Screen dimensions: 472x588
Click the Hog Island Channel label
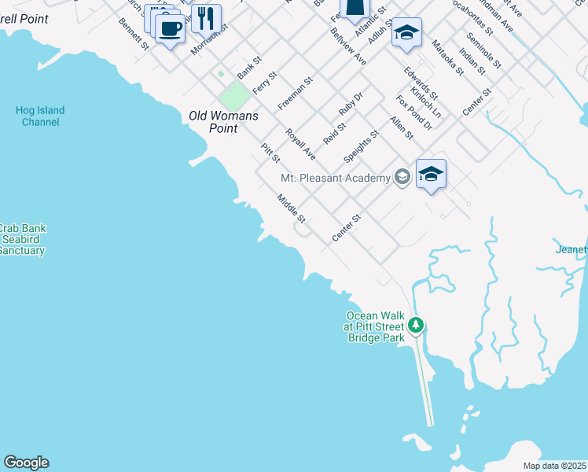click(x=40, y=116)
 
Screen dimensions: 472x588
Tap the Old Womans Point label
click(x=223, y=122)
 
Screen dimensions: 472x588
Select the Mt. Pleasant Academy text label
click(x=336, y=178)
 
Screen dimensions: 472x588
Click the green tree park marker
click(x=416, y=324)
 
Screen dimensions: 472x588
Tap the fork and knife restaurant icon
click(x=206, y=17)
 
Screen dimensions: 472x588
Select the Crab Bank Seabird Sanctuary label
click(x=22, y=239)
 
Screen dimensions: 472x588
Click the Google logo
click(x=26, y=463)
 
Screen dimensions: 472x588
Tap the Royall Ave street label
click(x=300, y=144)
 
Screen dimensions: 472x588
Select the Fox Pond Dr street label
click(x=414, y=112)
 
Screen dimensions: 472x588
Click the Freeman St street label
click(x=296, y=93)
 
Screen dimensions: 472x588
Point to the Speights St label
click(x=366, y=145)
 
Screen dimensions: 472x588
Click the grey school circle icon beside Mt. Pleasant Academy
click(x=402, y=177)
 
